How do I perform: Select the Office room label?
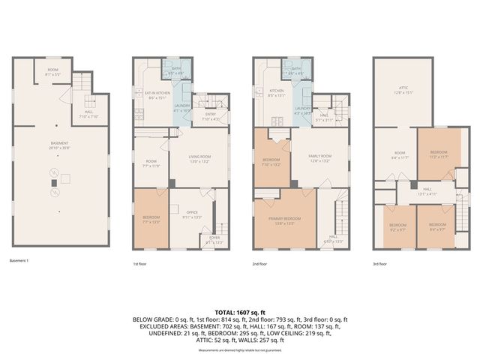pos(192,216)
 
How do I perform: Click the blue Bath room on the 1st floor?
pos(177,72)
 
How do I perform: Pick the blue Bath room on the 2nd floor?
pos(297,72)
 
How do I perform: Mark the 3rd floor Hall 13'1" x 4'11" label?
pos(427,192)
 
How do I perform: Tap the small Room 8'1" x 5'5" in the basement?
pos(52,73)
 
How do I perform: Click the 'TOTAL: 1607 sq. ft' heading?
pos(240,311)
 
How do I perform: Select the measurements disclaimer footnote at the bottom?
pos(240,350)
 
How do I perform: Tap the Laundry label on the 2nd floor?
pos(302,109)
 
